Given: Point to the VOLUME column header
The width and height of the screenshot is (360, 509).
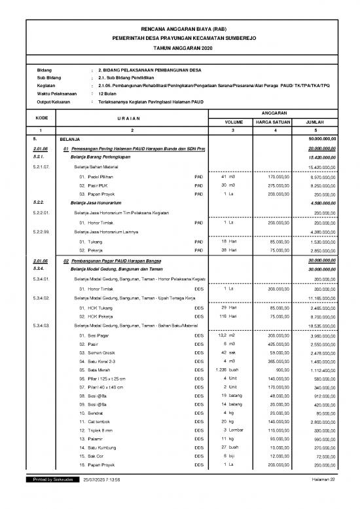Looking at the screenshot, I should [234, 121].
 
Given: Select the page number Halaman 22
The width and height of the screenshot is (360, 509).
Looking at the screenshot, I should [323, 499].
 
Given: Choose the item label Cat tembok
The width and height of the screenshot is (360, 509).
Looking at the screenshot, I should [94, 425].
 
